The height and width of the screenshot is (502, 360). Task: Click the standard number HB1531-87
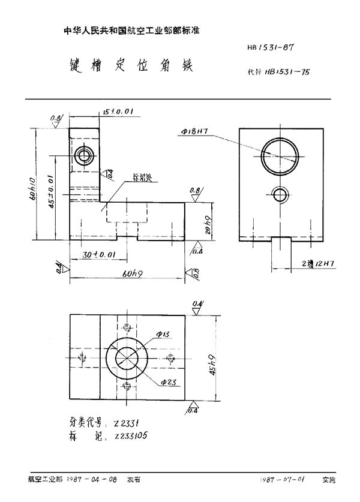(275, 46)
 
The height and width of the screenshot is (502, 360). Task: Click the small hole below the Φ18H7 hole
(280, 194)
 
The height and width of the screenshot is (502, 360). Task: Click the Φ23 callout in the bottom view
(169, 382)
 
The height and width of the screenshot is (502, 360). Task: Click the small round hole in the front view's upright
(82, 157)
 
